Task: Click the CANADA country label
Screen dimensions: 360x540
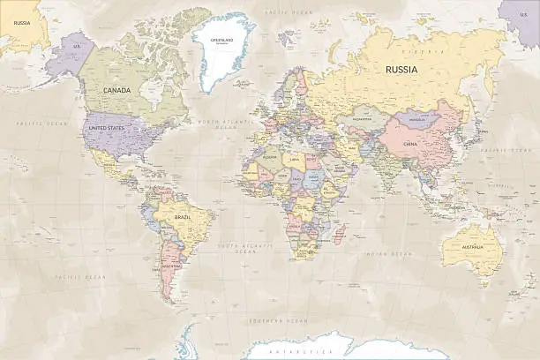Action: [116, 90]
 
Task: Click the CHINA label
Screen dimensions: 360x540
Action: [410, 143]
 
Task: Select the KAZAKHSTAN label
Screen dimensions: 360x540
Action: [362, 117]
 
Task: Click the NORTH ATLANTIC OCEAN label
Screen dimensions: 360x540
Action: [217, 124]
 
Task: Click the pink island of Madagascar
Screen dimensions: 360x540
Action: [340, 234]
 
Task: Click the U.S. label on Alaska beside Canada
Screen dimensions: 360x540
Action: [77, 46]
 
